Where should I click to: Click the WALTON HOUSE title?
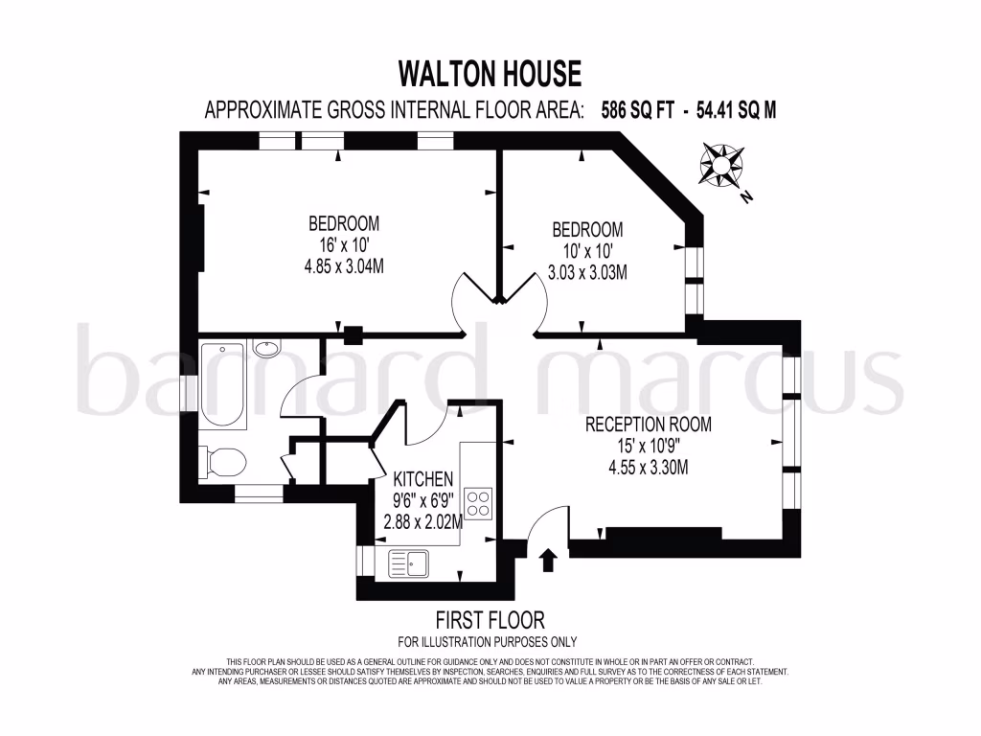pos(490,73)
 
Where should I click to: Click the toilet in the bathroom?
pos(222,463)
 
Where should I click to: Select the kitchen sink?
pos(410,563)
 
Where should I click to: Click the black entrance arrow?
pos(548,559)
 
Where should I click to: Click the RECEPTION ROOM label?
pos(649,424)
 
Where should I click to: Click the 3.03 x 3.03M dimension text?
pos(587,272)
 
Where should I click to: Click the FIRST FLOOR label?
pos(489,620)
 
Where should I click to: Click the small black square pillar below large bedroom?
pos(353,334)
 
